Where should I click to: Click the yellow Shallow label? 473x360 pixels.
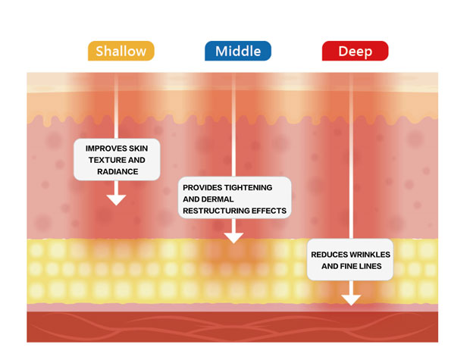pos(121,51)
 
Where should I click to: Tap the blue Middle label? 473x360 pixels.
pos(238,51)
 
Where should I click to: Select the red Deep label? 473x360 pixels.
pos(355,51)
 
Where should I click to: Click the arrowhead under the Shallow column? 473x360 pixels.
pos(116,200)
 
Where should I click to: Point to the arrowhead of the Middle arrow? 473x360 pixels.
pos(233,238)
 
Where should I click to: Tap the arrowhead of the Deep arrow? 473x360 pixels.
pos(351,300)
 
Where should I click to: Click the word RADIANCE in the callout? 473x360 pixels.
pos(117,171)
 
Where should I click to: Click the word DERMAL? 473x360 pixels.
pos(219,199)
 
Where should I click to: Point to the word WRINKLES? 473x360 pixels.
pos(370,255)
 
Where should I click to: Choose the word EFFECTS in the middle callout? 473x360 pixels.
pos(269,211)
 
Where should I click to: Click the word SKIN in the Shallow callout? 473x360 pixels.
pos(138,149)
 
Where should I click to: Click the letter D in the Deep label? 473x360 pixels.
pos(343,52)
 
